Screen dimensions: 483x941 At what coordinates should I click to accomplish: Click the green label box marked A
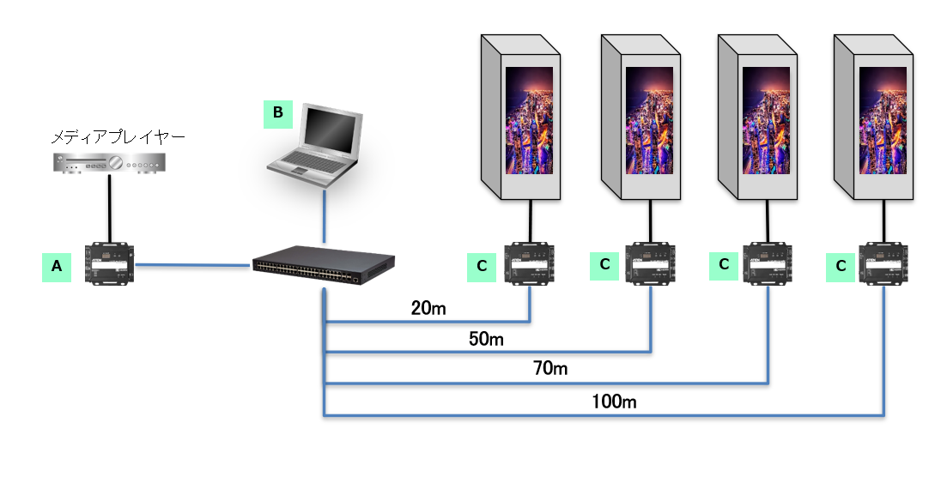[x=57, y=267]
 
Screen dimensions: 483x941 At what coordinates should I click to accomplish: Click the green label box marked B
[x=277, y=112]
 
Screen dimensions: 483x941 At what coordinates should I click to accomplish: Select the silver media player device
[x=107, y=161]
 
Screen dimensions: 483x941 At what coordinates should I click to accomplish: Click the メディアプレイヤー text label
[x=118, y=136]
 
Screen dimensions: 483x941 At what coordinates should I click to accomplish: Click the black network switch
[x=324, y=269]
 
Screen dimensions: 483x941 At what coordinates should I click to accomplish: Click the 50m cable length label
[x=485, y=339]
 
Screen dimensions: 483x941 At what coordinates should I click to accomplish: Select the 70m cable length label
[x=550, y=369]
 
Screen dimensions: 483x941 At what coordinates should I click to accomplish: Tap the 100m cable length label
[x=614, y=400]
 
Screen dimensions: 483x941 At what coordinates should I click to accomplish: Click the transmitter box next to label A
[x=110, y=263]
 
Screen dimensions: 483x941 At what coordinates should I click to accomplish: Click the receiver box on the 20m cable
[x=531, y=263]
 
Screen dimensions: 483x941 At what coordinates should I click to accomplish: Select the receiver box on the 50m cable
[x=651, y=263]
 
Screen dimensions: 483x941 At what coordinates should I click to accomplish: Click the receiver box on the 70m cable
[x=768, y=263]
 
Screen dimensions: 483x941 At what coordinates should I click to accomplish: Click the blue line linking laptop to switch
[x=325, y=218]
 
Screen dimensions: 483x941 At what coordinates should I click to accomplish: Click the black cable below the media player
[x=110, y=207]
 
